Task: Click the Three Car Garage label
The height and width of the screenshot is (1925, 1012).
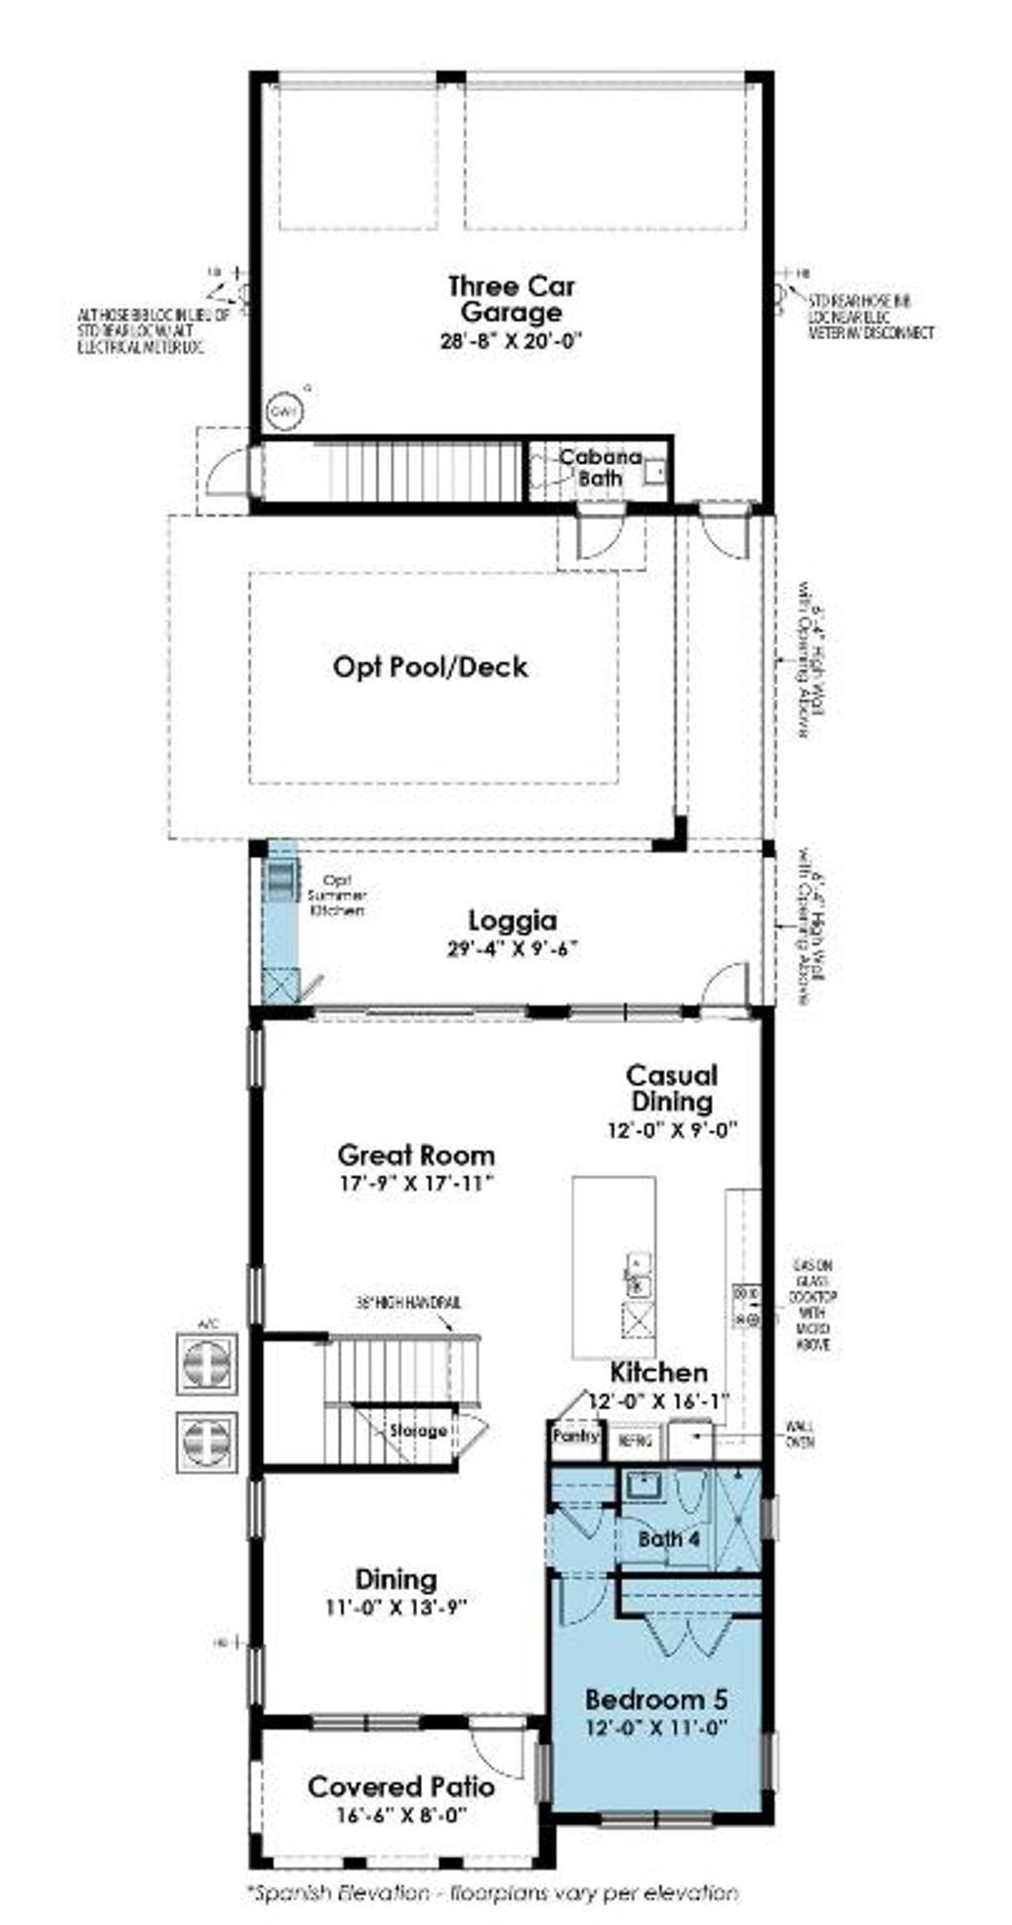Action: pos(510,300)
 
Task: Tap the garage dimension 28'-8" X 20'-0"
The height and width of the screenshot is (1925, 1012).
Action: pos(510,341)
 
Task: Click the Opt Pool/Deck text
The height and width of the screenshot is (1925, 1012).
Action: pos(430,666)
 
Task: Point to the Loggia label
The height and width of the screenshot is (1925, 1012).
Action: pos(512,920)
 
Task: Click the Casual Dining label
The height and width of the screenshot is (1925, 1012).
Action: pos(672,1088)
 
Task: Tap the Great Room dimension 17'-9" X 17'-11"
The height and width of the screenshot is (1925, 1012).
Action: pos(415,1183)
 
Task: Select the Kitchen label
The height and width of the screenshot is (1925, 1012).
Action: pos(658,1372)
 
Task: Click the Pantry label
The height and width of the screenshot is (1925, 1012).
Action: pos(575,1435)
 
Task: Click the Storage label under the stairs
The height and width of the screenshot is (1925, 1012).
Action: pos(418,1431)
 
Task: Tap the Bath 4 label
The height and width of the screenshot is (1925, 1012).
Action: pos(669,1539)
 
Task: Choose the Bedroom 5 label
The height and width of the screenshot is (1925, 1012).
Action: pos(656,1700)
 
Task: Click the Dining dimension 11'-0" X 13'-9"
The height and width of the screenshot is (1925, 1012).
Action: pos(396,1607)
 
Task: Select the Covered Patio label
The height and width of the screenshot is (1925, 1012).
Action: pos(401,1787)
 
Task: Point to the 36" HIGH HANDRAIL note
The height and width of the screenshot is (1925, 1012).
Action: pos(408,1303)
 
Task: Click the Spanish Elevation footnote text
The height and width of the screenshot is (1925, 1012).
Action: pos(491,1892)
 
